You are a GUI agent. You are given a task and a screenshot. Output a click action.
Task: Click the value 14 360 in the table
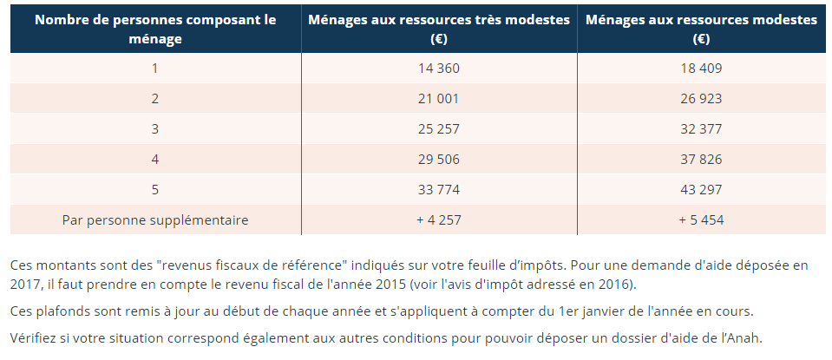point(438,69)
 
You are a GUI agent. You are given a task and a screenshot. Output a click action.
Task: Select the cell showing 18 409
point(701,69)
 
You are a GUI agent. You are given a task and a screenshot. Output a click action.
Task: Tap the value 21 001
point(438,99)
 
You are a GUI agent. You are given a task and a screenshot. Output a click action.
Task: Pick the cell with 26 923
point(701,99)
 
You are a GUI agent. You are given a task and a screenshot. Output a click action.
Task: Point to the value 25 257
point(438,129)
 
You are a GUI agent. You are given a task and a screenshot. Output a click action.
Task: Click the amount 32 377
point(701,129)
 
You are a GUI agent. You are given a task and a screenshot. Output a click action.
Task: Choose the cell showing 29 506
point(438,160)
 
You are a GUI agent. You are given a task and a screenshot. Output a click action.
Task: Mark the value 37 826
point(701,160)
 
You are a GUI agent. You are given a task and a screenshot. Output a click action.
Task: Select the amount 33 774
point(438,190)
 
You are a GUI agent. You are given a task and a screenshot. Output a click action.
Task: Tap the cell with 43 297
point(701,190)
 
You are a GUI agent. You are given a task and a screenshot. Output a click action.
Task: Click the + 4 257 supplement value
point(438,220)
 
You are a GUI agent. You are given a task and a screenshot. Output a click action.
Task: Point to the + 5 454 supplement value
point(701,220)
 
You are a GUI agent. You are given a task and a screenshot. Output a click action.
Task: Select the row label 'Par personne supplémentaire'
point(155,220)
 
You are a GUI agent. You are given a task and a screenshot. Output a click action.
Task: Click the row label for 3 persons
point(155,129)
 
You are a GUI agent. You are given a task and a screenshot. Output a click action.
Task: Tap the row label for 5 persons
point(155,190)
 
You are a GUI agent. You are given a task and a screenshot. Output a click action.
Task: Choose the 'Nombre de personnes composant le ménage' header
point(155,29)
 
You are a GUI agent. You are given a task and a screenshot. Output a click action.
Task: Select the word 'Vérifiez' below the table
point(36,337)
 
